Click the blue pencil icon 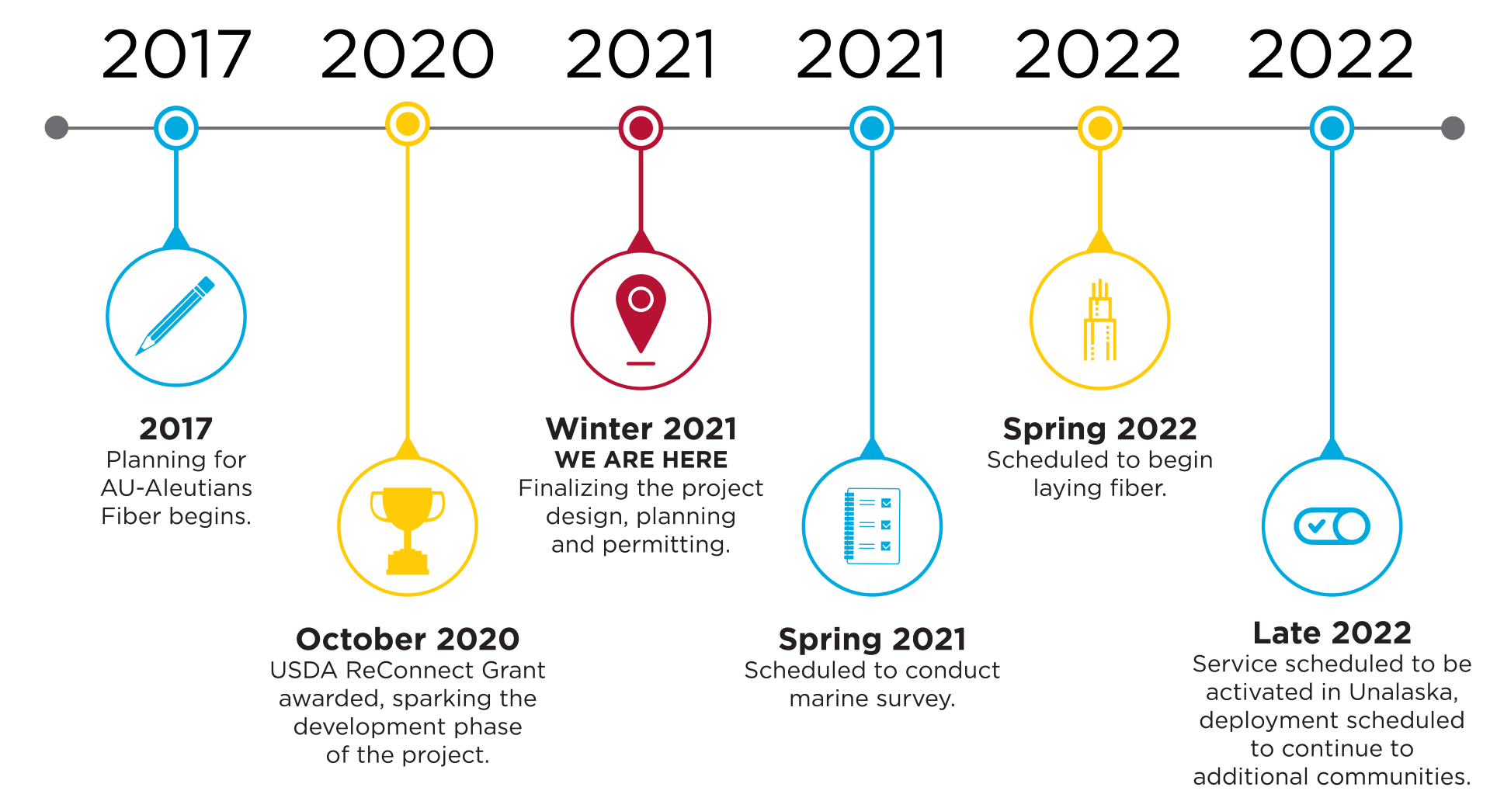[x=175, y=316]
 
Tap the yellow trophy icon [x=408, y=530]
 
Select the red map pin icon [x=641, y=319]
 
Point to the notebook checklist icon [x=872, y=525]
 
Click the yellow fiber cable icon [x=1099, y=320]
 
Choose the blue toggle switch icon [x=1332, y=526]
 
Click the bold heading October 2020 [x=408, y=639]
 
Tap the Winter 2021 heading [x=641, y=428]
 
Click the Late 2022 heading [x=1332, y=633]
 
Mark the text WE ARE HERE [x=641, y=459]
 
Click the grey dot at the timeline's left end [x=57, y=127]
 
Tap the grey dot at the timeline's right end [x=1453, y=127]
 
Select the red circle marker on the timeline [x=641, y=127]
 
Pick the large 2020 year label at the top [x=408, y=54]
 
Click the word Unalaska [x=1404, y=692]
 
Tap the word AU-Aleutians [x=176, y=487]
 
